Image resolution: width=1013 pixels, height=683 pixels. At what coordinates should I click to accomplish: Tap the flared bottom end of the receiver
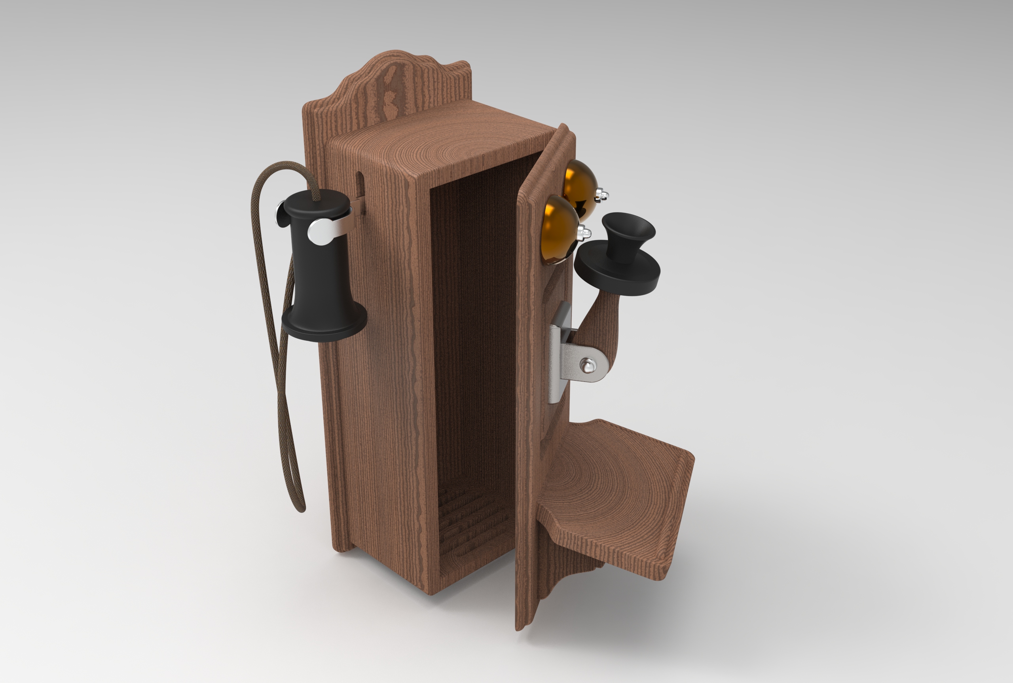click(x=324, y=324)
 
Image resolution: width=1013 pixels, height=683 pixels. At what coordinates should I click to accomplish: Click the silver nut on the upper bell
click(x=603, y=195)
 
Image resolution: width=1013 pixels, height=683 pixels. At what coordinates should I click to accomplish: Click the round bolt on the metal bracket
click(x=588, y=365)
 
